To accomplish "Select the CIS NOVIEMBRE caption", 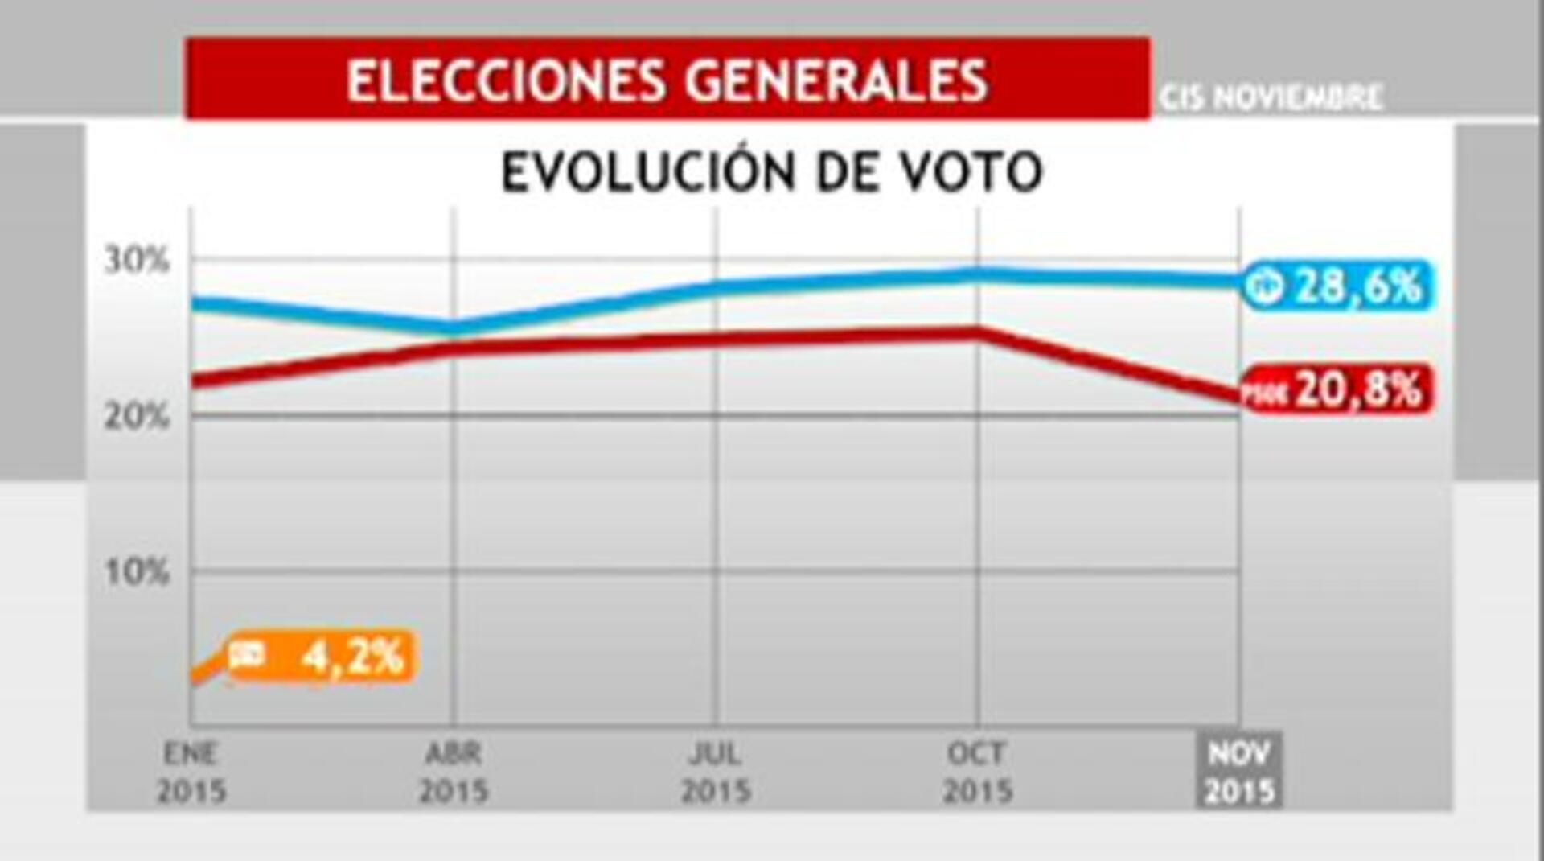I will [1271, 98].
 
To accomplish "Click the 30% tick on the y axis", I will [137, 261].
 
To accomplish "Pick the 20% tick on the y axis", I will [137, 417].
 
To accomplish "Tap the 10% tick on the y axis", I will [137, 572].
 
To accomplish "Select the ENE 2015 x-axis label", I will [191, 772].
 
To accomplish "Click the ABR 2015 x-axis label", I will [454, 772].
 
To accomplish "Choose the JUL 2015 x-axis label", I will [716, 772].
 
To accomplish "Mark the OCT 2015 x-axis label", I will [977, 772].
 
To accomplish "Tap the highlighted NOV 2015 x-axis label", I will [1239, 772].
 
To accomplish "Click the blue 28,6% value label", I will [1338, 286].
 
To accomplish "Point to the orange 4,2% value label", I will [322, 657].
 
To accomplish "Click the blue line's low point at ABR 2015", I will [454, 328].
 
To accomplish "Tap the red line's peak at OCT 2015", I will [977, 332].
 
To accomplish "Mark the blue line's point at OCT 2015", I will [977, 275].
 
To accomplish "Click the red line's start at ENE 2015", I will [195, 380].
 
